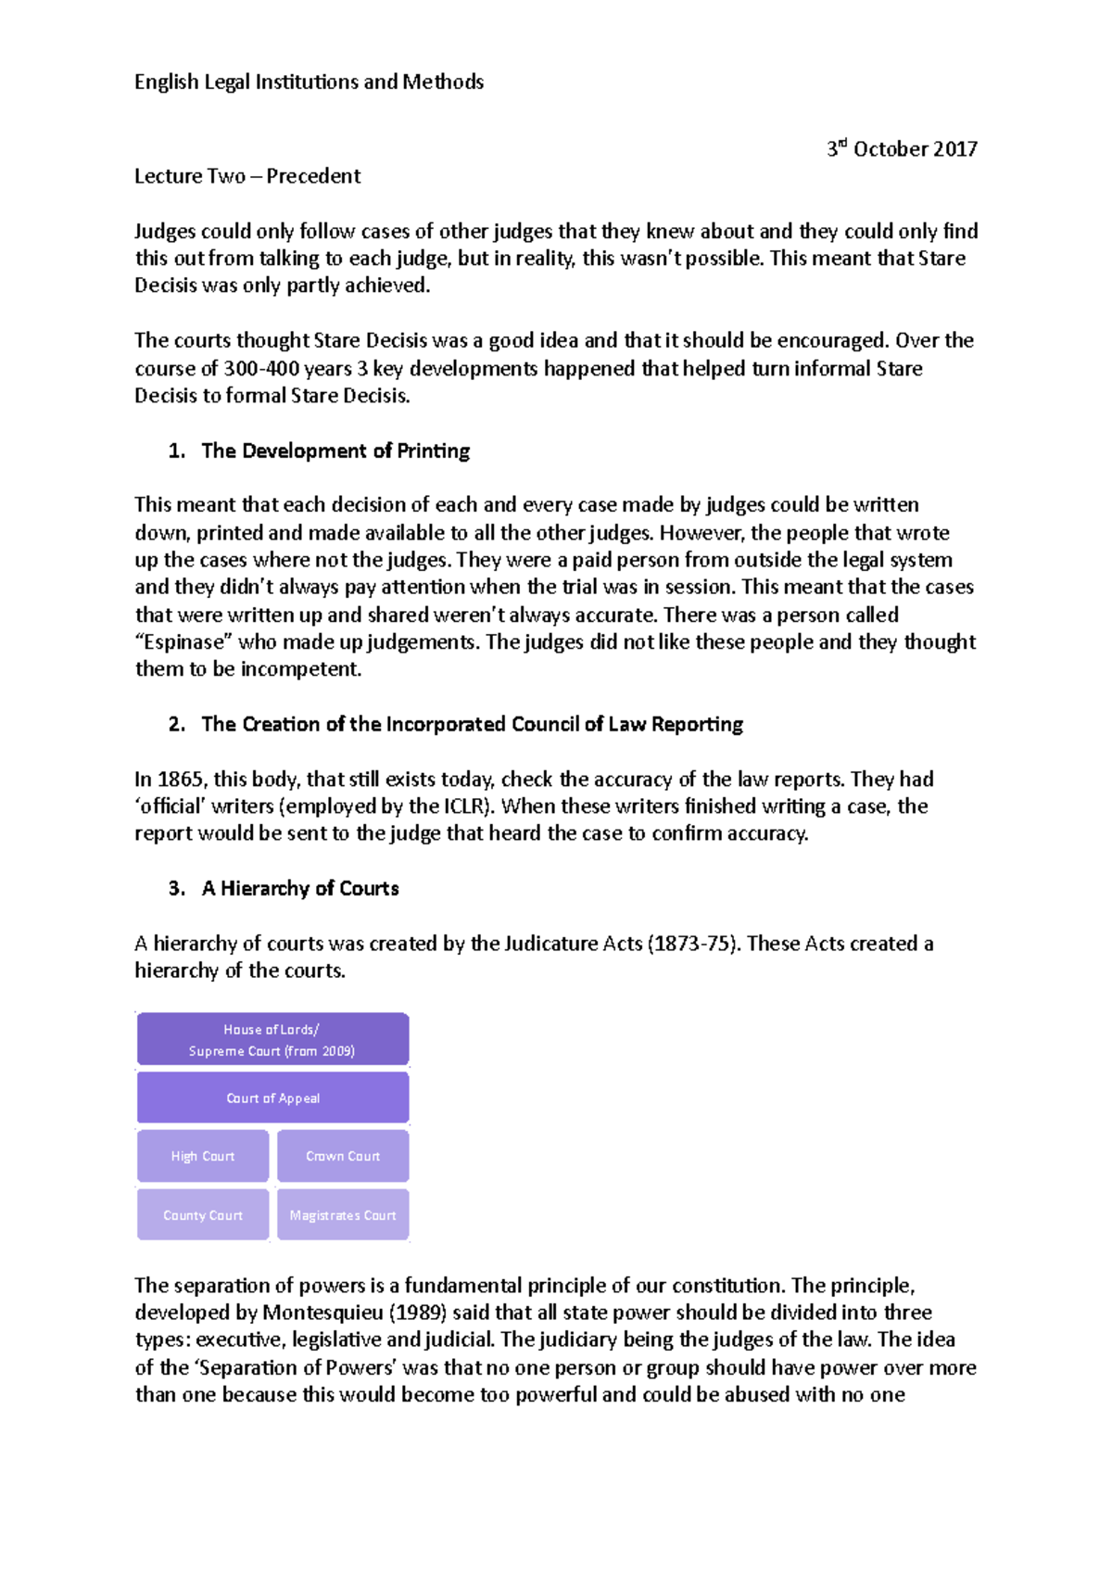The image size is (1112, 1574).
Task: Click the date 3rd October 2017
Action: (902, 149)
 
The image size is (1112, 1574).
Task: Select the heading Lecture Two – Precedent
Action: (247, 176)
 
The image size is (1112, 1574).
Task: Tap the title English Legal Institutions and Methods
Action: (309, 82)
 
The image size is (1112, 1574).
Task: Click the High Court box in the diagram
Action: (203, 1156)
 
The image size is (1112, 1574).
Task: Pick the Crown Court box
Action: (343, 1156)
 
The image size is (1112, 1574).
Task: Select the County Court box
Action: (203, 1215)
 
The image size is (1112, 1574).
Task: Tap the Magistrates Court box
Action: (343, 1215)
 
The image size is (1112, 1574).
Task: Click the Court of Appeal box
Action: (272, 1098)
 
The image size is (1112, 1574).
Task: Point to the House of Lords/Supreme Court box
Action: (272, 1040)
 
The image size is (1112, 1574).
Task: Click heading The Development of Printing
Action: (335, 451)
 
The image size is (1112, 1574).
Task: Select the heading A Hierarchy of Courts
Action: (300, 889)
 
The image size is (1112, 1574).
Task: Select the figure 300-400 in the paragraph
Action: (260, 369)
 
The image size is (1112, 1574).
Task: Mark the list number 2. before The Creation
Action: (176, 725)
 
